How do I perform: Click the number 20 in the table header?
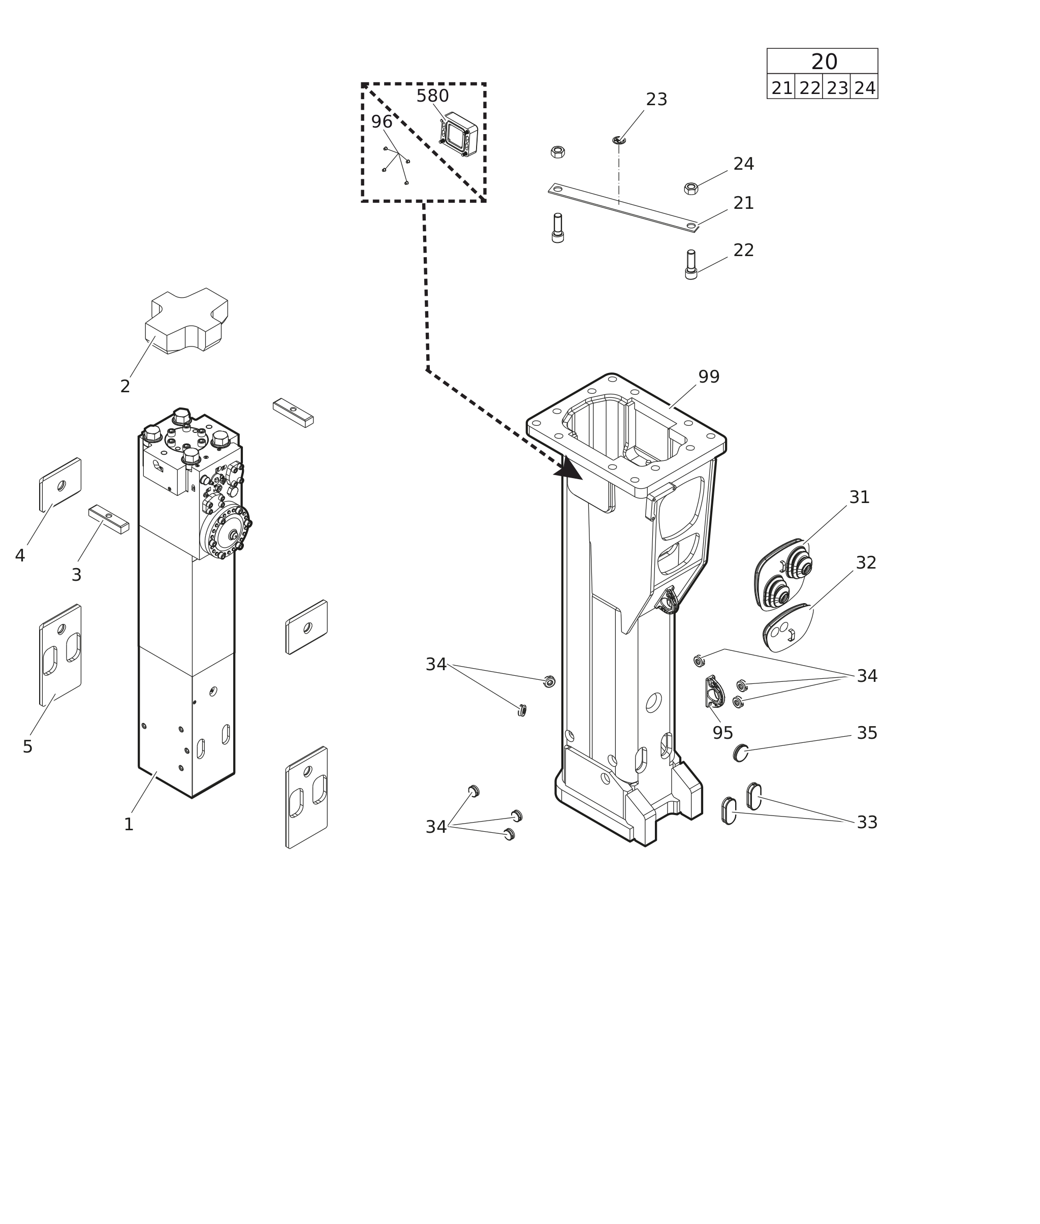824,62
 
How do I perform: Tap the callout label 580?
433,96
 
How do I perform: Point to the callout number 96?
382,122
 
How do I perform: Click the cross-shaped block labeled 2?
186,321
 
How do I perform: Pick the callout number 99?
709,376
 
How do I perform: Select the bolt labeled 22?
691,265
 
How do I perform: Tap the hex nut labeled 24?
691,189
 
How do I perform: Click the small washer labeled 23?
618,140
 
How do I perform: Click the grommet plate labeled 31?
782,574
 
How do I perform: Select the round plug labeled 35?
741,753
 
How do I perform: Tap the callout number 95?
723,733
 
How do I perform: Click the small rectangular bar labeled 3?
109,519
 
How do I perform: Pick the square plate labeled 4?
60,485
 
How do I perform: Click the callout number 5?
28,747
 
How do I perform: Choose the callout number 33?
867,822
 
